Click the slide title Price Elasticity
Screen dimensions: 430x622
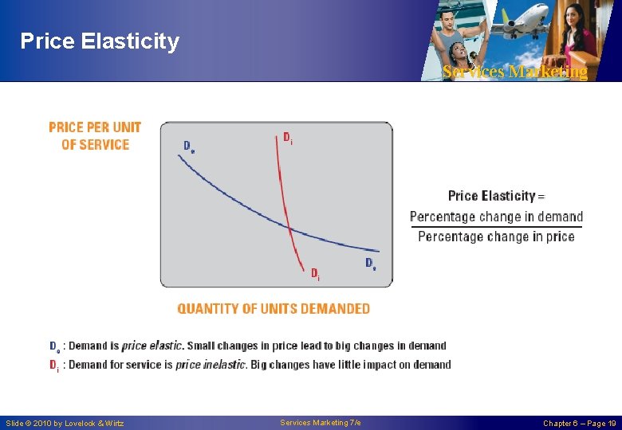point(100,41)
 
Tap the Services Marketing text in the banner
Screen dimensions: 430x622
point(514,72)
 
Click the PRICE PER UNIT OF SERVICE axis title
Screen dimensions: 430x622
point(95,136)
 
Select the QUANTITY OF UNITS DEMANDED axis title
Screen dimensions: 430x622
point(274,309)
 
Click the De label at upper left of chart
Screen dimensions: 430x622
point(189,147)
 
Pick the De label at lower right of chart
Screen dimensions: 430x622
point(371,264)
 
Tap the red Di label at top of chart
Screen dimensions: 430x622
point(287,138)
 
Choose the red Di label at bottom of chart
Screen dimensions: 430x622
point(315,275)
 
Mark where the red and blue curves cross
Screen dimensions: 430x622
point(289,229)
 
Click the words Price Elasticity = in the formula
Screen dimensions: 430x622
point(496,196)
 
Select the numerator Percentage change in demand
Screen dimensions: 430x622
point(496,217)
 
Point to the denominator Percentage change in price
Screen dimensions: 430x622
point(496,236)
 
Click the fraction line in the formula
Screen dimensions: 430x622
point(496,227)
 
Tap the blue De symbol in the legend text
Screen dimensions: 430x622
point(54,346)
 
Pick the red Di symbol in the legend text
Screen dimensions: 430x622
point(53,365)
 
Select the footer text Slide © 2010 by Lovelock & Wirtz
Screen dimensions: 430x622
point(65,424)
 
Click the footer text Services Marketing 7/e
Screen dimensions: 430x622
point(321,423)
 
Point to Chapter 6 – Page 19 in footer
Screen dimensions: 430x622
point(579,424)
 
